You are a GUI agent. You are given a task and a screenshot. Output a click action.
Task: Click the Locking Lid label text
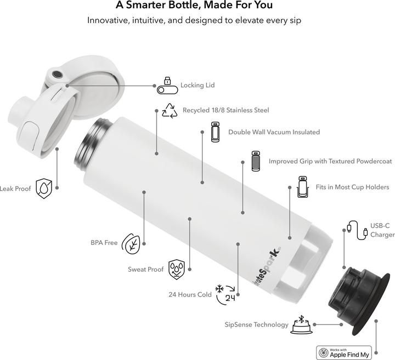tap(198, 85)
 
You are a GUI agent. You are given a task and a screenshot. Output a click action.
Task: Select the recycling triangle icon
tap(170, 110)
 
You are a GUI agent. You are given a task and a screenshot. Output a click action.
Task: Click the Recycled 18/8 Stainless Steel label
tap(225, 110)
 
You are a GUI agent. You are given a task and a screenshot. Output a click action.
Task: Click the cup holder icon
tap(302, 187)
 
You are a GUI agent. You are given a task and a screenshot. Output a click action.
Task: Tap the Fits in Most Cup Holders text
tap(352, 187)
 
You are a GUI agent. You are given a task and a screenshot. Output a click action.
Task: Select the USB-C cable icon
tap(357, 230)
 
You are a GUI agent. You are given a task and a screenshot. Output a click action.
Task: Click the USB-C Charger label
tap(382, 230)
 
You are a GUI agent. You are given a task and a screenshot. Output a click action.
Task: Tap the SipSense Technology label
tap(256, 325)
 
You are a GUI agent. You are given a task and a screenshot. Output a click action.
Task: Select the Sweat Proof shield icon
tap(176, 269)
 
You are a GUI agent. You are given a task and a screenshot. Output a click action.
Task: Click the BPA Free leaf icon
tap(131, 243)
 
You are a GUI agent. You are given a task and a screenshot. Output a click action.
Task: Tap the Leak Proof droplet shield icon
tap(44, 188)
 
